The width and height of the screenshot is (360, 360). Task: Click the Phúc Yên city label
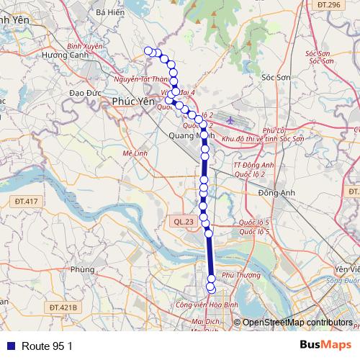[133, 102]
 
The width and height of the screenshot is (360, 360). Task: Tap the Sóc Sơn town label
[274, 77]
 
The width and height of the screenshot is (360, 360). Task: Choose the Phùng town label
[83, 270]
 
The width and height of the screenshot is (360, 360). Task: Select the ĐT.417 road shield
[25, 201]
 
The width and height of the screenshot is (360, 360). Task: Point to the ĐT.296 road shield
[328, 5]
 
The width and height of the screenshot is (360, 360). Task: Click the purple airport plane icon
[230, 120]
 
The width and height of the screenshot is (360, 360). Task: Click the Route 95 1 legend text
[48, 346]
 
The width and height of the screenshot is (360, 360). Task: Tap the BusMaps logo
[325, 346]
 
